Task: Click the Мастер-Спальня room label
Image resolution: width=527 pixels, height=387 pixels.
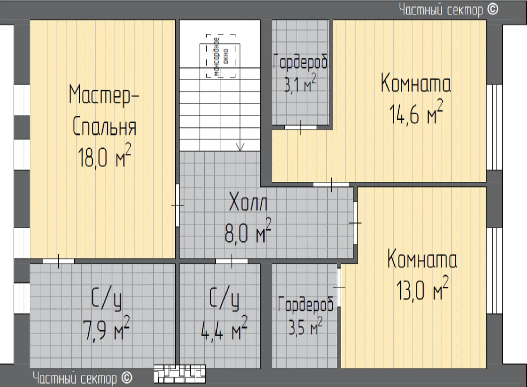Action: [x=104, y=110]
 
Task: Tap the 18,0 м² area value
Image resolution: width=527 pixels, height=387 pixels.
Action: [x=104, y=156]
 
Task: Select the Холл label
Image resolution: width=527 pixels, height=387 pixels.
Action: [x=248, y=202]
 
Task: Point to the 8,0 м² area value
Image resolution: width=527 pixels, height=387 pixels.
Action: [x=248, y=231]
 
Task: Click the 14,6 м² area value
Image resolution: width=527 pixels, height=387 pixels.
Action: [x=416, y=112]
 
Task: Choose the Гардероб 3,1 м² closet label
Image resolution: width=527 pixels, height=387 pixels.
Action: [x=300, y=73]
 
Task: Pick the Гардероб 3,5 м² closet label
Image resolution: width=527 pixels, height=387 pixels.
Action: [x=306, y=316]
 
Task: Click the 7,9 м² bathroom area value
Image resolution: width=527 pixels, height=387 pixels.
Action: [x=106, y=328]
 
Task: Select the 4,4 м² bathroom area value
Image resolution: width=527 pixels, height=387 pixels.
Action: [x=224, y=328]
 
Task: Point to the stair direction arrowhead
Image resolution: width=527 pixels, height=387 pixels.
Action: [x=240, y=147]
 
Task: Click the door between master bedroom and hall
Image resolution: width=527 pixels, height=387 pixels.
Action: [x=177, y=205]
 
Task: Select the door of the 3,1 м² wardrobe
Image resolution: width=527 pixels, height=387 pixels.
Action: [x=301, y=127]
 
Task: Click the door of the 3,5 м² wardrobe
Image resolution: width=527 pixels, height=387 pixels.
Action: [x=339, y=287]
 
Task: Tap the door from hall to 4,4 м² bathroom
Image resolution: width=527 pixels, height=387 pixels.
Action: [x=232, y=261]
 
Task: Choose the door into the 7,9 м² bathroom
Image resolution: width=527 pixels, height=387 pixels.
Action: [x=58, y=261]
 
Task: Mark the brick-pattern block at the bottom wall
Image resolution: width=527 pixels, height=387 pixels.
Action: [x=180, y=374]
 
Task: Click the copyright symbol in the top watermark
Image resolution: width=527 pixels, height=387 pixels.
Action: [x=492, y=10]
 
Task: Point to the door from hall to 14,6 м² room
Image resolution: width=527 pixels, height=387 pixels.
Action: [x=331, y=185]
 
